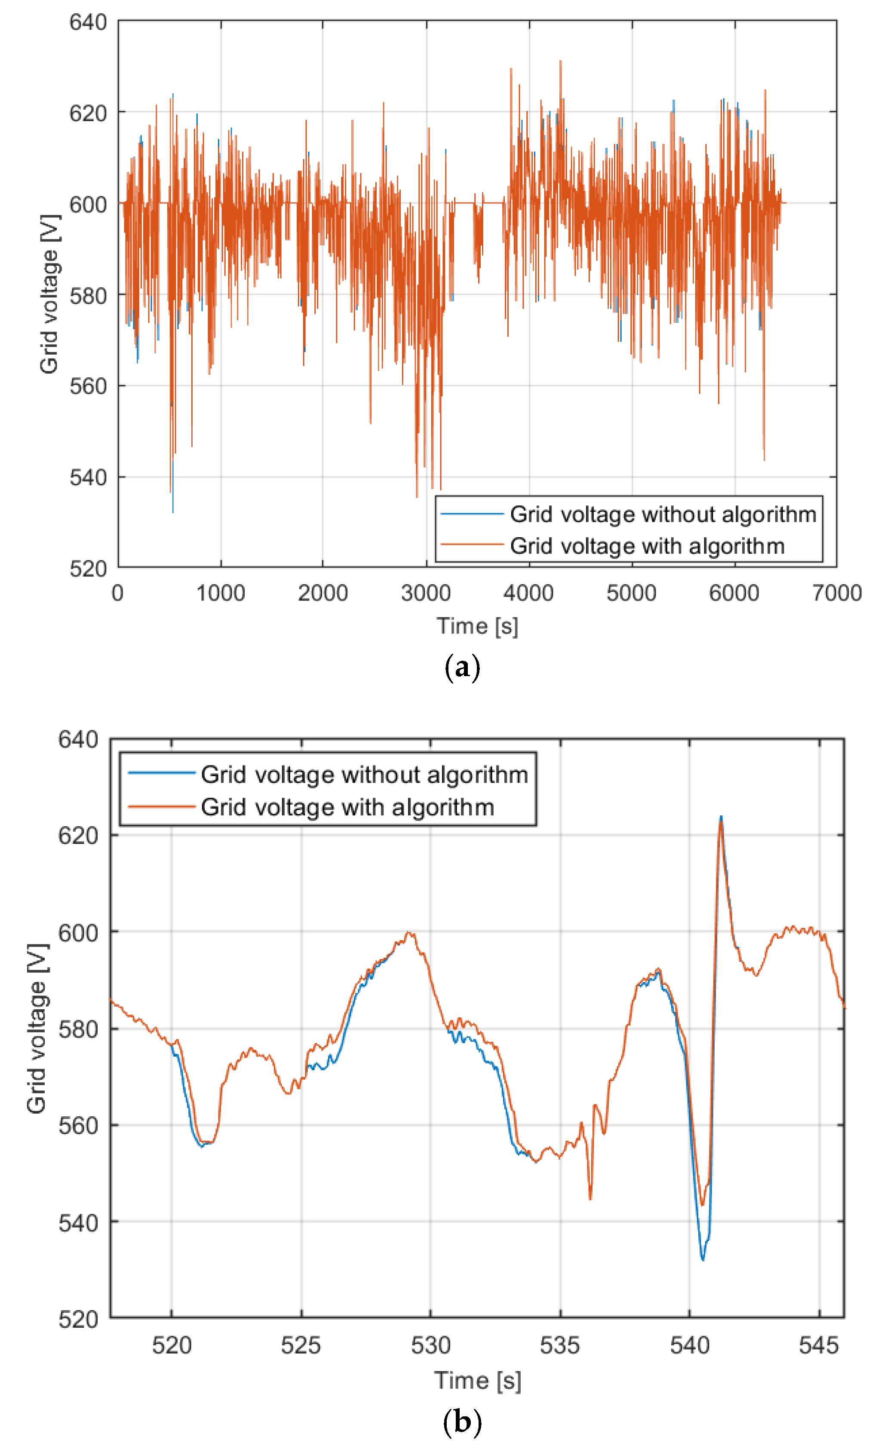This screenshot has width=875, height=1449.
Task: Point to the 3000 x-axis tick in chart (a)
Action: tap(426, 593)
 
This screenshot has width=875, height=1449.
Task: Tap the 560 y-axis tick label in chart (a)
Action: tap(88, 386)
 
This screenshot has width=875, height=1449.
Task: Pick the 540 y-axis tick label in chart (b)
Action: tap(78, 1223)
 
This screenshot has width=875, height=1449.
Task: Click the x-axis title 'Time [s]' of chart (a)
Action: tap(477, 626)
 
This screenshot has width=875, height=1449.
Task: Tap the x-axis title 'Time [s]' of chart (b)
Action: tap(477, 1380)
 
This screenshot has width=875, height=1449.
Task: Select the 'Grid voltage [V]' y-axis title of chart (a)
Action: tap(49, 294)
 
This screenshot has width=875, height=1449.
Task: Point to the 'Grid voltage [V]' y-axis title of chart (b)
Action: tap(37, 1029)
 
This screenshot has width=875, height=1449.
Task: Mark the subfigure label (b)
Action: tap(463, 1422)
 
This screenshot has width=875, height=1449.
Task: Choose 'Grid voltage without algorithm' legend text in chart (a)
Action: tap(663, 515)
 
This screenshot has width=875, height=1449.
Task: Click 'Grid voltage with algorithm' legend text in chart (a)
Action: tap(647, 546)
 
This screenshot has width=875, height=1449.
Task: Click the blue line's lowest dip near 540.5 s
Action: tap(703, 1259)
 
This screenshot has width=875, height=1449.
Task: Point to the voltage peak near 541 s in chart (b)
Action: tap(720, 818)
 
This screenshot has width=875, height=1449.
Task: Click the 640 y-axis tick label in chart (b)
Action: tap(78, 739)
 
